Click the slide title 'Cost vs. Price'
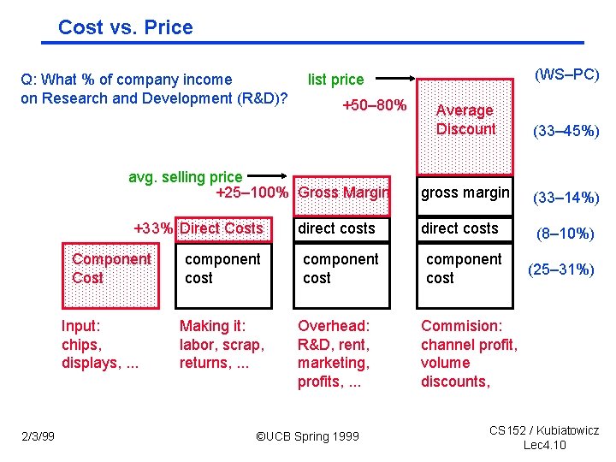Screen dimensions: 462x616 tap(125, 27)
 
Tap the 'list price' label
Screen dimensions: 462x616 tap(335, 80)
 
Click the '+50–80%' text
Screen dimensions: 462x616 tap(374, 105)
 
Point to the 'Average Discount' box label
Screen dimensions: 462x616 tap(465, 120)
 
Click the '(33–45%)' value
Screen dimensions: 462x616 tap(566, 132)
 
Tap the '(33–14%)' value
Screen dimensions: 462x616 tap(566, 198)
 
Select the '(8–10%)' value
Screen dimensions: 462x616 tap(566, 233)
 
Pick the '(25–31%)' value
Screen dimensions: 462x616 tap(561, 269)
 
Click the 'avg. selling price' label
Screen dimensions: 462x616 tap(185, 177)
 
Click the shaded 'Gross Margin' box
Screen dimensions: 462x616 tap(342, 192)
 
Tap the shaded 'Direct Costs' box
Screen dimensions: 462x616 tap(222, 228)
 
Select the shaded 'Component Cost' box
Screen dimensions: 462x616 tap(111, 269)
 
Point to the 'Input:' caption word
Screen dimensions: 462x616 tap(80, 326)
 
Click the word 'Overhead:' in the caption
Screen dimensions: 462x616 tap(334, 326)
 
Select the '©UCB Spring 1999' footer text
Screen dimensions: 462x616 tap(308, 436)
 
